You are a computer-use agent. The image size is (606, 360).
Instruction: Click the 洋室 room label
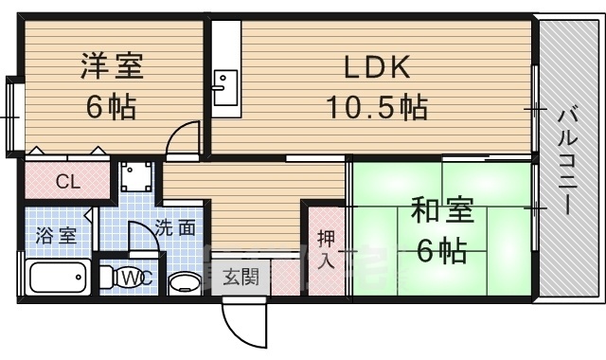click(x=112, y=66)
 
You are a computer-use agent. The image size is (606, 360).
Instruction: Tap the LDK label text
click(x=377, y=67)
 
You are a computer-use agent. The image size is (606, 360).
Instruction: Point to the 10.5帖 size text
click(x=377, y=107)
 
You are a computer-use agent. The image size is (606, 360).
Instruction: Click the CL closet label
click(x=68, y=181)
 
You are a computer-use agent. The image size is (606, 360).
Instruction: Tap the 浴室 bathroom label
click(x=56, y=236)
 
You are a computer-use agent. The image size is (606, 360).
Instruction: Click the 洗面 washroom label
click(x=175, y=228)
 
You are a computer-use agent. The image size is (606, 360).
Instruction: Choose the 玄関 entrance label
click(x=241, y=277)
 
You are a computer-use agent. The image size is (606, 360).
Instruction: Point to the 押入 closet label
click(x=326, y=249)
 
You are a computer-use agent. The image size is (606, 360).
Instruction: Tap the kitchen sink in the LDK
click(x=225, y=88)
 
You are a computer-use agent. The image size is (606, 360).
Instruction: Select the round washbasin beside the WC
click(x=186, y=284)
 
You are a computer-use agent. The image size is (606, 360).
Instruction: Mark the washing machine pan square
click(x=136, y=176)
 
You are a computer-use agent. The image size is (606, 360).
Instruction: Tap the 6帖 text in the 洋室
click(x=112, y=107)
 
